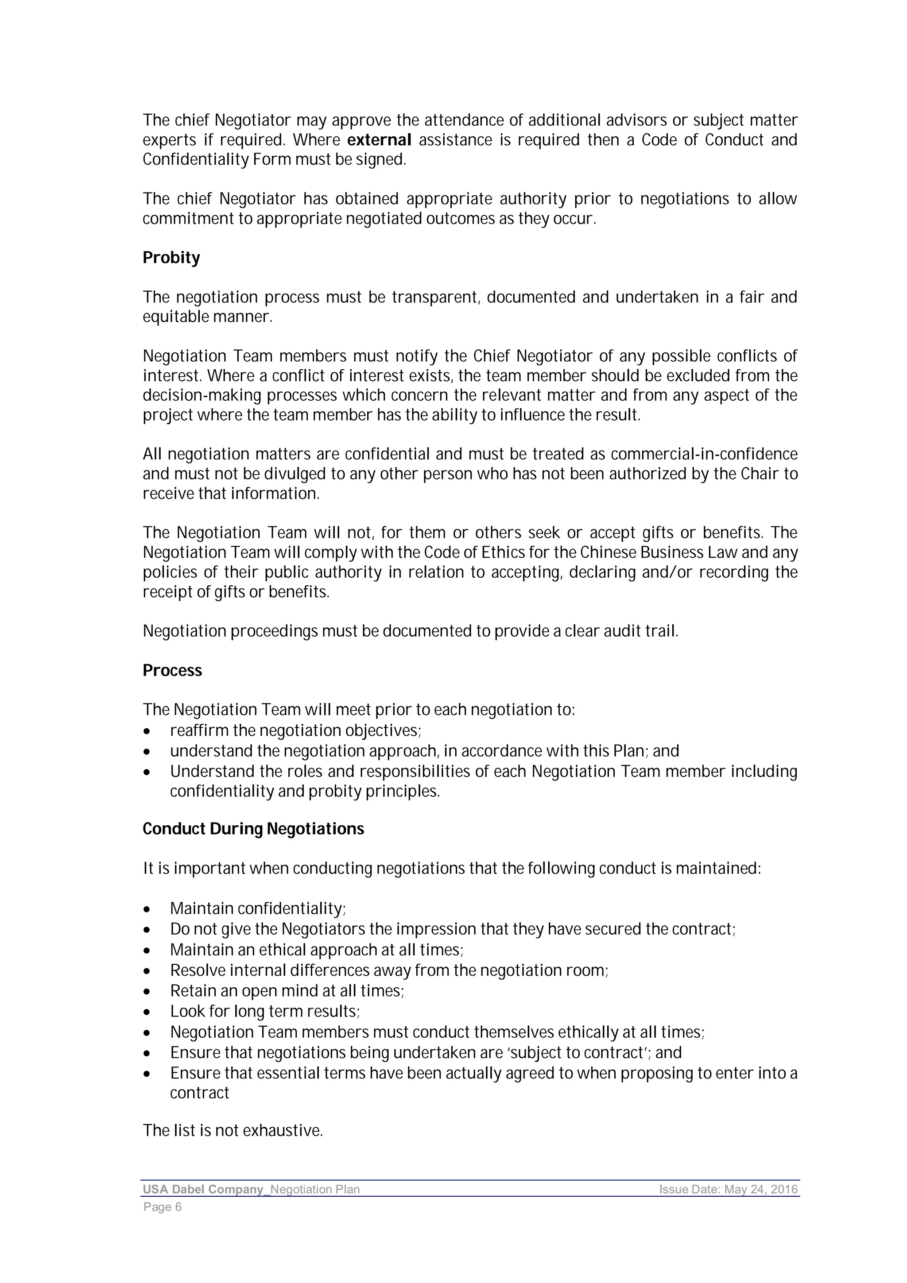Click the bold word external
tap(379, 140)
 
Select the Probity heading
tap(171, 258)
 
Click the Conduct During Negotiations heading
tap(253, 829)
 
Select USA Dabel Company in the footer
tap(202, 1189)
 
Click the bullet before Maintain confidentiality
tap(147, 910)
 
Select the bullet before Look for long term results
tap(147, 1012)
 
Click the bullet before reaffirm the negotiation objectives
tap(147, 731)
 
